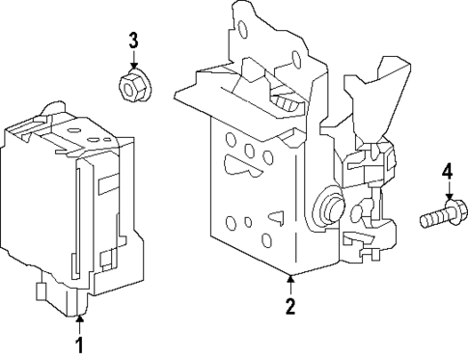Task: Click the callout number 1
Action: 80,344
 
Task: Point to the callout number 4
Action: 447,172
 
